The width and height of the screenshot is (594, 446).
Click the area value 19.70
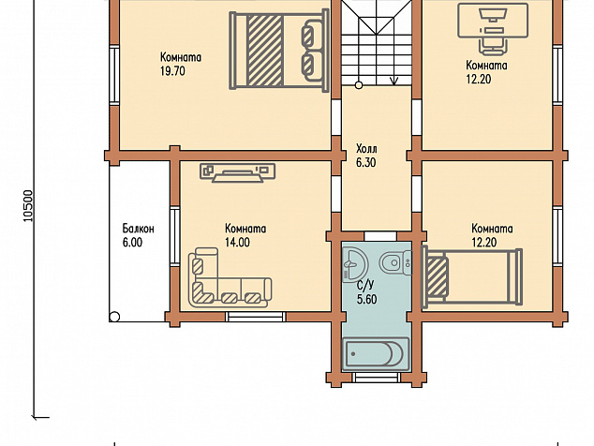172,71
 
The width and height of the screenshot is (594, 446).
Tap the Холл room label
366,148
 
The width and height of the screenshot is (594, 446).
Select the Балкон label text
138,229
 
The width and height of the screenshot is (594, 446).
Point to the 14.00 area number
238,242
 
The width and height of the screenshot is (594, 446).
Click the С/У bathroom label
365,286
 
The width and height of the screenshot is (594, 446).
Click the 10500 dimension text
29,206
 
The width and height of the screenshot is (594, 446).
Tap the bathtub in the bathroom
376,353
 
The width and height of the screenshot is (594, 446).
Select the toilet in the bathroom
395,262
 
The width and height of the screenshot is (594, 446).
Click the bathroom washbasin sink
355,264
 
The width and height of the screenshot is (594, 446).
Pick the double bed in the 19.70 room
279,50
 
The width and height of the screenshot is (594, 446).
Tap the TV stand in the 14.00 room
237,172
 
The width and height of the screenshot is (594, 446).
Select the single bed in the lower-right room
472,275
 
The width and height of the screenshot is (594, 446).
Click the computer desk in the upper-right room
493,27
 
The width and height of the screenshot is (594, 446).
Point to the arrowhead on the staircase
394,81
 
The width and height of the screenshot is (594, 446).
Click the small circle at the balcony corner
114,317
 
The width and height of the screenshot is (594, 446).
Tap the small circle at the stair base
359,85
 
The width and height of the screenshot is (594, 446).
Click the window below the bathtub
377,378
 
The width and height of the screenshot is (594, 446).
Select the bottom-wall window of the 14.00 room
256,317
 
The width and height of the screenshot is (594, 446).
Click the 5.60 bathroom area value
366,299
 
